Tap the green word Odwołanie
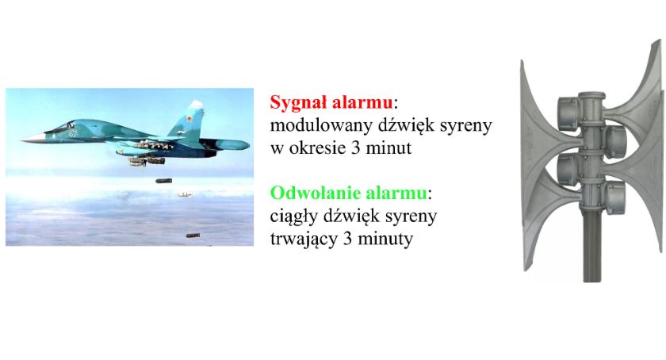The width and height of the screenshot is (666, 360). pyautogui.click(x=316, y=193)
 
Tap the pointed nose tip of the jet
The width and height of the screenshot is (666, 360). pyautogui.click(x=22, y=139)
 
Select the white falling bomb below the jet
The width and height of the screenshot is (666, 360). pyautogui.click(x=185, y=194)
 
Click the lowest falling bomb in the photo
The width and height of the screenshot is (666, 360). pyautogui.click(x=193, y=235)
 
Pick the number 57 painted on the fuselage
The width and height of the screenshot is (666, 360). pyautogui.click(x=74, y=133)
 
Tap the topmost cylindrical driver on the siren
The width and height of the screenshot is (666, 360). pyautogui.click(x=568, y=113)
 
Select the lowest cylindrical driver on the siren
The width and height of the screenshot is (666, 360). pyautogui.click(x=616, y=198)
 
